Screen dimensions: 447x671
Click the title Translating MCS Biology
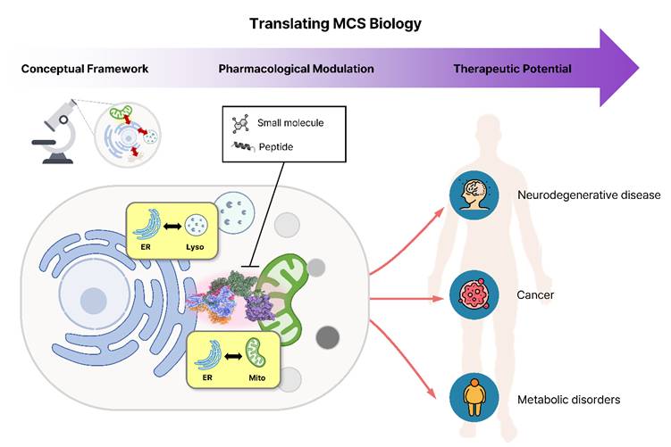[335, 23]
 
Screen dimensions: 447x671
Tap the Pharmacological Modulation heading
[296, 69]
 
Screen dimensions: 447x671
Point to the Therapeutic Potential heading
[512, 69]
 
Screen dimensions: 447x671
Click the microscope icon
[54, 131]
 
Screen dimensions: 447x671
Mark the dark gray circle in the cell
[328, 337]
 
